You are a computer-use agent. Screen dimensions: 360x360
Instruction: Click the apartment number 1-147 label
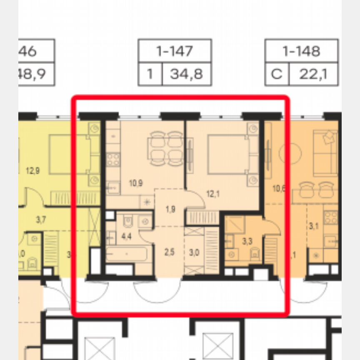point(175,51)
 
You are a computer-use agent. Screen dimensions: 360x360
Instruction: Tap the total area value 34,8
point(186,75)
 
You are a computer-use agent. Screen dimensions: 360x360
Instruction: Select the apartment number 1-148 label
point(301,51)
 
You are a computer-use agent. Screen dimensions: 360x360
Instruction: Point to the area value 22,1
point(312,75)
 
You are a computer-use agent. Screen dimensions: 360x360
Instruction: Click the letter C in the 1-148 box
point(276,75)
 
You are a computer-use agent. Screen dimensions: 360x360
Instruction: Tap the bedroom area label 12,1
point(213,193)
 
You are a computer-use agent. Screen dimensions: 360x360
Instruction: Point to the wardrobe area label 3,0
point(194,252)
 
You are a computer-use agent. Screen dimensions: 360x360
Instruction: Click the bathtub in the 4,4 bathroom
point(126,254)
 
